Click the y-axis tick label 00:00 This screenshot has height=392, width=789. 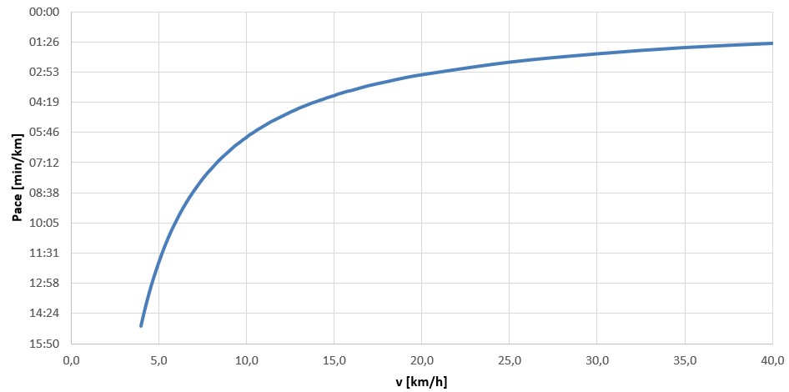[x=48, y=12]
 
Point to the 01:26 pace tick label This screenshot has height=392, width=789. [x=48, y=42]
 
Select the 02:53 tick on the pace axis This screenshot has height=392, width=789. [x=48, y=72]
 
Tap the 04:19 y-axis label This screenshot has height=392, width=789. [x=48, y=102]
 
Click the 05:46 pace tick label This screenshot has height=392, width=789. [x=48, y=132]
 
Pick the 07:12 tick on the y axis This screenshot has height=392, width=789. [x=48, y=162]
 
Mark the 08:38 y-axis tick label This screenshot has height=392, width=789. [x=48, y=193]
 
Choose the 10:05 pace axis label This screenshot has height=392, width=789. [x=48, y=223]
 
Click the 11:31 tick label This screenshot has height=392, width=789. [x=48, y=253]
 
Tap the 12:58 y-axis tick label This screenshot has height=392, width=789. [x=48, y=283]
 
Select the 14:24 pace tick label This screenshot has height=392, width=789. [x=48, y=313]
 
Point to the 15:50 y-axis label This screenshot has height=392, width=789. [x=48, y=344]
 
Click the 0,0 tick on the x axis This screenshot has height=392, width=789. [x=71, y=360]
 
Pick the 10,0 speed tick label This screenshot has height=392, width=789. [x=246, y=360]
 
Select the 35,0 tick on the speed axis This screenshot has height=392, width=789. [x=685, y=360]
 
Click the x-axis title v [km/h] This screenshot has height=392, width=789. [x=421, y=382]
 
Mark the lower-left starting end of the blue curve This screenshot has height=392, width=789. [x=141, y=325]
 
